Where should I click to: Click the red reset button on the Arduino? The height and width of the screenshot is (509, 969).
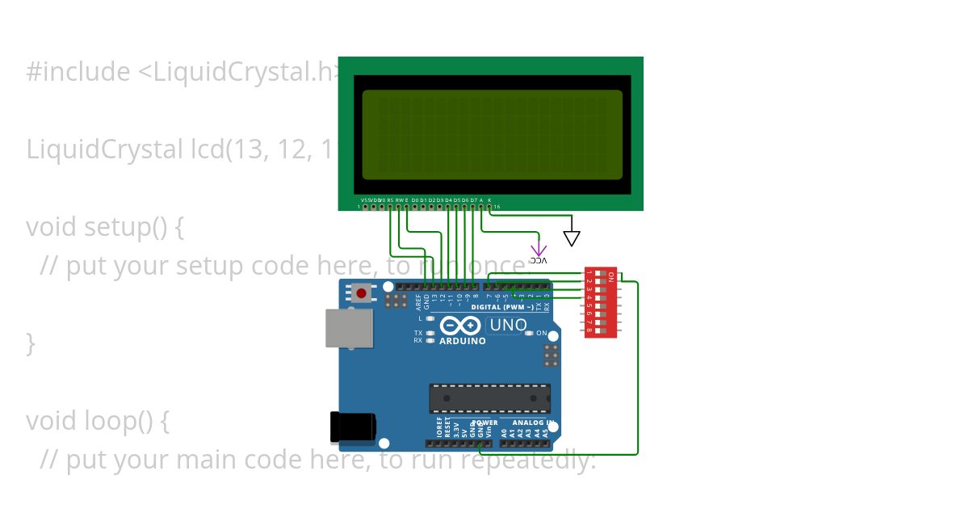(362, 293)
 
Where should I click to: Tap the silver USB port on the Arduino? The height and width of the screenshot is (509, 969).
(349, 327)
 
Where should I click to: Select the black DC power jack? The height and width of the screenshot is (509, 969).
(353, 427)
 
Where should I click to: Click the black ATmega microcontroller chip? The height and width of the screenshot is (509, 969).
(489, 398)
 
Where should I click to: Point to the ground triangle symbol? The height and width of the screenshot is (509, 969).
(572, 238)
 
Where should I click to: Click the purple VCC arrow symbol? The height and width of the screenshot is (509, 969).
(539, 250)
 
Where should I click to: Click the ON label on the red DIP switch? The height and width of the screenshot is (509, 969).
(611, 276)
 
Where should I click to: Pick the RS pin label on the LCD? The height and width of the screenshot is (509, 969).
(391, 200)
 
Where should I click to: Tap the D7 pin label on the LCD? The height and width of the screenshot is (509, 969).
(473, 200)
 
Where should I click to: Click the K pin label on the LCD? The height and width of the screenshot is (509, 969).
(489, 200)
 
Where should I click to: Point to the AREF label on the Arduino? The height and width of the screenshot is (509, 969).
(418, 302)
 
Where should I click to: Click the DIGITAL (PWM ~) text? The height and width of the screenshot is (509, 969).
(501, 308)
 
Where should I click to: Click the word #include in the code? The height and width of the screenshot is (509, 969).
(78, 72)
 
